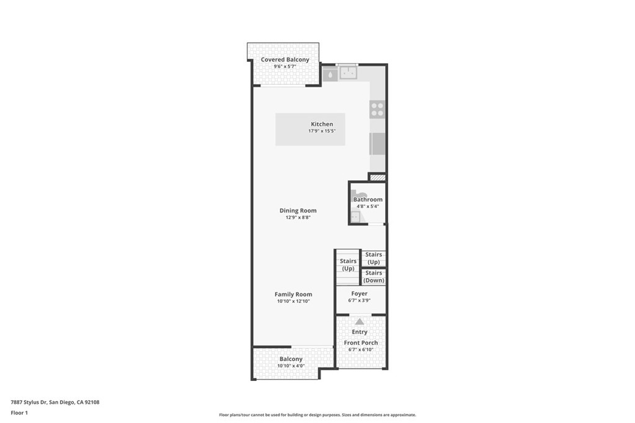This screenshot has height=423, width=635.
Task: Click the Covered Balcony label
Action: pyautogui.click(x=285, y=59)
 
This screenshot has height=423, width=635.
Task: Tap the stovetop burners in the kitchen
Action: pyautogui.click(x=377, y=110)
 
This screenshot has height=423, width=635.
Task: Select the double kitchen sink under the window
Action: pyautogui.click(x=348, y=74)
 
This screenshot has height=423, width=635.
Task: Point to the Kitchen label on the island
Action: pyautogui.click(x=322, y=124)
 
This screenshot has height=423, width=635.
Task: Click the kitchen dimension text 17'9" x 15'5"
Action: pyautogui.click(x=322, y=131)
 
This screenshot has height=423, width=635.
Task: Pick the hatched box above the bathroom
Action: pyautogui.click(x=377, y=178)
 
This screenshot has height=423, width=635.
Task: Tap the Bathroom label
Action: pyautogui.click(x=368, y=199)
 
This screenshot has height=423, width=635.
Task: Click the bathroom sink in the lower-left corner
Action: pyautogui.click(x=356, y=217)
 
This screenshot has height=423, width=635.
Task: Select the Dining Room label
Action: pyautogui.click(x=298, y=211)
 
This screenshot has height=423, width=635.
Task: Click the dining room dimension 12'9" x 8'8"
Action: pyautogui.click(x=298, y=217)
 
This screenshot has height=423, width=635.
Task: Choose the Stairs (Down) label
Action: pyautogui.click(x=374, y=277)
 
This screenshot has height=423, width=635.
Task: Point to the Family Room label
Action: pyautogui.click(x=293, y=294)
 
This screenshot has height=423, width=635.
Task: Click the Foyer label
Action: pyautogui.click(x=359, y=294)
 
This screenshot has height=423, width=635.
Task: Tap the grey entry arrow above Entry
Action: pyautogui.click(x=360, y=321)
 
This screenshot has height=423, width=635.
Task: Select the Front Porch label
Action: pyautogui.click(x=361, y=342)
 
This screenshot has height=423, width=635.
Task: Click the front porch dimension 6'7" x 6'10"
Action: pyautogui.click(x=361, y=350)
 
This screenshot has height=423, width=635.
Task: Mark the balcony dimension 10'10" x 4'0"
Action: pyautogui.click(x=291, y=366)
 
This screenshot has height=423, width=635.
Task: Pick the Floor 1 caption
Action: pyautogui.click(x=19, y=412)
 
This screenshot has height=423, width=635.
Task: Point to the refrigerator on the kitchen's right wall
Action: pyautogui.click(x=377, y=144)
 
